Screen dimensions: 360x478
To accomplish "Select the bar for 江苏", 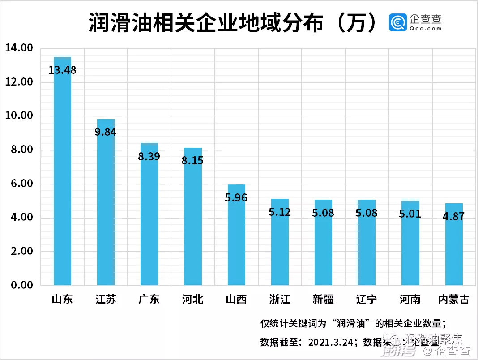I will (106, 206).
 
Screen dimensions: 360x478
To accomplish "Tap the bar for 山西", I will (236, 237).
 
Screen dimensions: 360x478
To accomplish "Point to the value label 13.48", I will (62, 70).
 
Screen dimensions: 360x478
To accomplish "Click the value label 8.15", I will (192, 160).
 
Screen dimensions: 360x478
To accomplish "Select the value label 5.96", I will (236, 197).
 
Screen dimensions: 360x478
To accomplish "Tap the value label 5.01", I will (410, 214).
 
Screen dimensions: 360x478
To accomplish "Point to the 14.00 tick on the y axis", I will (19, 48).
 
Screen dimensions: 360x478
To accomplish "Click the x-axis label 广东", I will (149, 299).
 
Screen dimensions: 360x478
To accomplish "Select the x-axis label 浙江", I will (280, 299).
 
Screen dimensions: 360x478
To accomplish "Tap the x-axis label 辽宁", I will (367, 299).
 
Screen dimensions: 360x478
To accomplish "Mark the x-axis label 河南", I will (410, 299).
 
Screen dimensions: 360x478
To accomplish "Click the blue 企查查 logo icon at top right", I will (398, 23).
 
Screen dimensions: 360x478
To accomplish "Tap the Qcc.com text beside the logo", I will (425, 29).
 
